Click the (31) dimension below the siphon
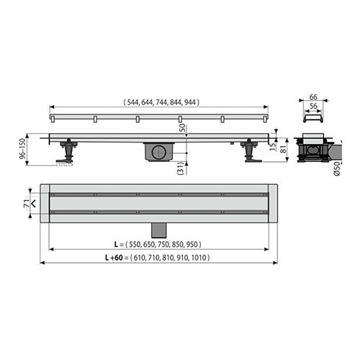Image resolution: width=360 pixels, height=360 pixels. click(x=180, y=169)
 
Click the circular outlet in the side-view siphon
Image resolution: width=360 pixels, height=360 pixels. click(x=159, y=151)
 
